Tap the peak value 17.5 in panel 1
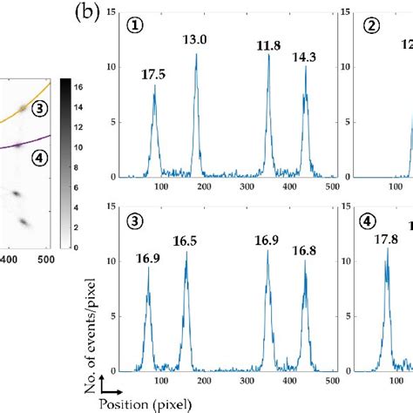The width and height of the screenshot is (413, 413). click(153, 75)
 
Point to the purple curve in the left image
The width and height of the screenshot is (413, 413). click(17, 145)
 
